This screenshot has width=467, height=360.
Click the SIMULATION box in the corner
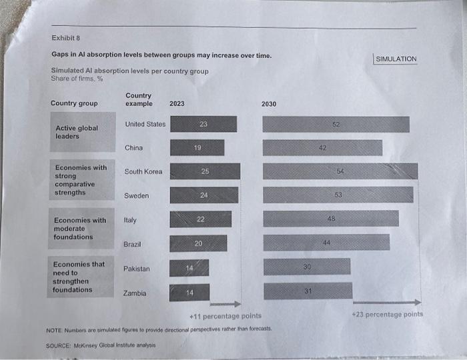coord(396,59)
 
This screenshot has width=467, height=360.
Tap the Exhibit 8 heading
coord(65,38)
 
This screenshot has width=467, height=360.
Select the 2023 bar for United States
coord(203,124)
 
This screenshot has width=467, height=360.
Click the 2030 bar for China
coord(322,147)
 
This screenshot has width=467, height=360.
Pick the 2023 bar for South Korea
coord(205,171)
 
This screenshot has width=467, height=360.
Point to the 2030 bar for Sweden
coord(338,195)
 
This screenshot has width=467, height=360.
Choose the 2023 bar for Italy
coord(201,219)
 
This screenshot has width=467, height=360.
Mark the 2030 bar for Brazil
coord(326,242)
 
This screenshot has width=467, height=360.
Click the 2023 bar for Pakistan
coord(189,268)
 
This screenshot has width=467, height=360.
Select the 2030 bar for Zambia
coord(308,291)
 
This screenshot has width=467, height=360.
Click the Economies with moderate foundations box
coord(81,229)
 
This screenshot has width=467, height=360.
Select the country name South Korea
coord(143,171)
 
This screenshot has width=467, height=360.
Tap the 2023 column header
coord(177,103)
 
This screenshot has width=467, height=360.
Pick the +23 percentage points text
coord(387,314)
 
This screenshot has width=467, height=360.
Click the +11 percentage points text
coord(225,315)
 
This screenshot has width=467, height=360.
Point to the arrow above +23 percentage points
coord(386,303)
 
